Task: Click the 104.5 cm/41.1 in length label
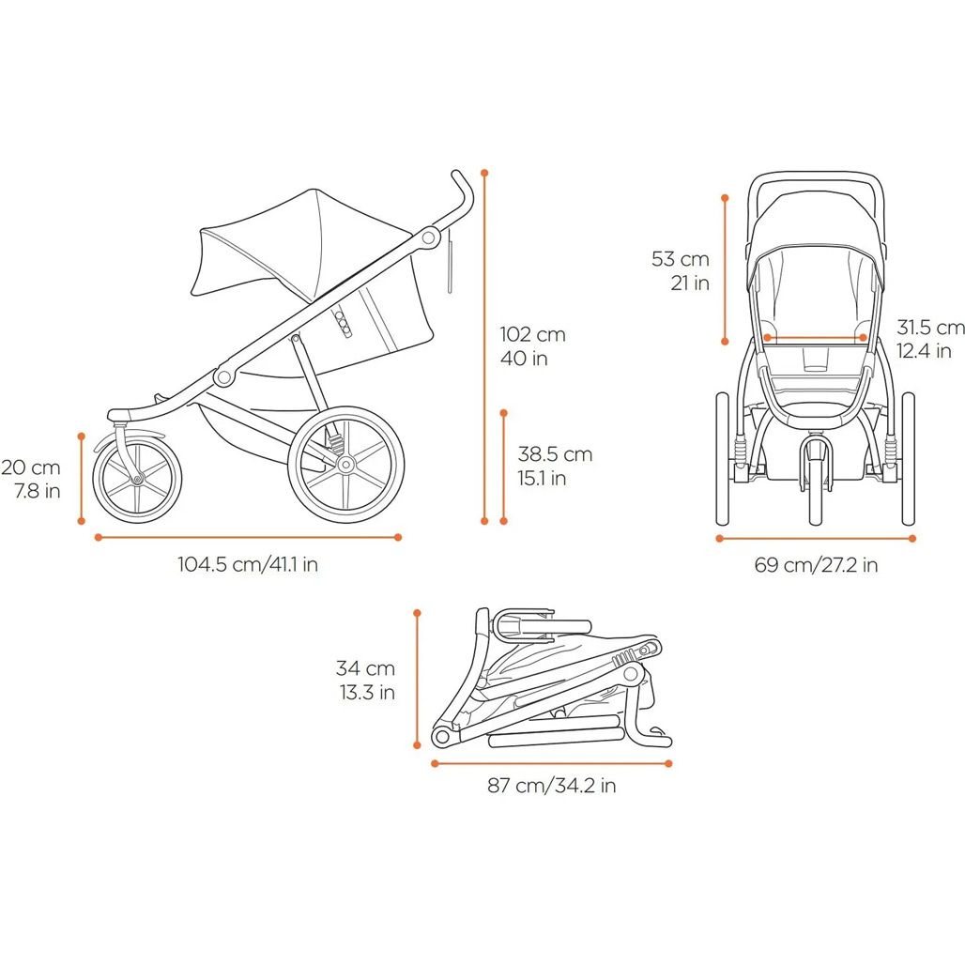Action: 248,564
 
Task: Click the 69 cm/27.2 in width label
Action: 816,564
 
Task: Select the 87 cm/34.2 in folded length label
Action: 551,786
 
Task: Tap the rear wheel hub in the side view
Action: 345,464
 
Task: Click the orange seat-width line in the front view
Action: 815,337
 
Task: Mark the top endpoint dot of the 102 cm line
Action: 484,173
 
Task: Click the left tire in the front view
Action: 723,459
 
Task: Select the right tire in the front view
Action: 909,459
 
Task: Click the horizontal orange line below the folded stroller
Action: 551,764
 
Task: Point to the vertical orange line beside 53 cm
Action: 725,269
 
